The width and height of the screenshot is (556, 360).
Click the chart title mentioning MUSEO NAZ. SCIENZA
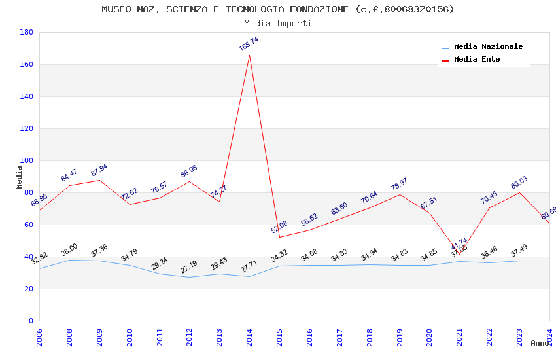click(x=278, y=9)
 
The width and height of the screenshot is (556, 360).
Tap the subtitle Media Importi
click(x=278, y=24)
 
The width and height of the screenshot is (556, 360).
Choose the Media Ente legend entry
click(x=477, y=60)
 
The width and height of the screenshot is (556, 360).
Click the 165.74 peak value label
click(x=249, y=44)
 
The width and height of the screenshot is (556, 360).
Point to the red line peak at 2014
click(x=249, y=55)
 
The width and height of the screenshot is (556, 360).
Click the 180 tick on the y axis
click(x=27, y=32)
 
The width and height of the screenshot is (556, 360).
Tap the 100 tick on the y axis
click(x=27, y=160)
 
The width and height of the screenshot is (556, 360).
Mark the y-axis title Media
click(x=20, y=177)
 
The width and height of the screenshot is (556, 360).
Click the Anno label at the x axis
click(x=540, y=343)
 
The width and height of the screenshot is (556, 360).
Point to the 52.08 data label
click(x=279, y=227)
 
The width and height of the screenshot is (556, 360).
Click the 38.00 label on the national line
click(x=69, y=250)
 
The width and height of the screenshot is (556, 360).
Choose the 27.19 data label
click(x=189, y=267)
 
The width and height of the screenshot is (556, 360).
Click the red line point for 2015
click(x=279, y=237)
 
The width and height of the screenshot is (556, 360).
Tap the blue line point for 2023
click(x=519, y=261)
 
